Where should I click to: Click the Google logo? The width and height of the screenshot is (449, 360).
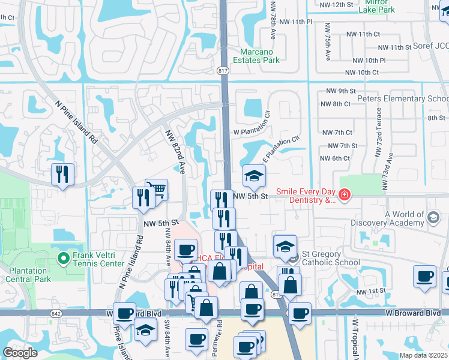(x=20, y=352)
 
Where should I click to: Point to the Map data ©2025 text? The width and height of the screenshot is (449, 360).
(x=423, y=355)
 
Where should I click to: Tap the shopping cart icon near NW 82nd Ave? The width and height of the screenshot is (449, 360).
(x=157, y=189)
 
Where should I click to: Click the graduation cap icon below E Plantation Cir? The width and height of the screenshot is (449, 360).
(x=254, y=175)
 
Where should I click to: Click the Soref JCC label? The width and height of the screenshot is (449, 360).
(x=432, y=46)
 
